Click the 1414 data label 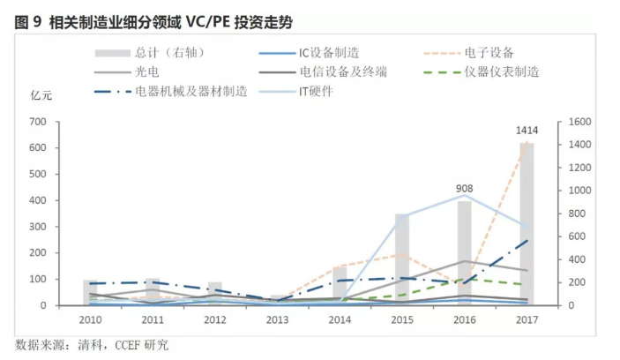coord(527,131)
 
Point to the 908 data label coord(465,189)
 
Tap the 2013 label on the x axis coord(278,319)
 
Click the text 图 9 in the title coord(26,22)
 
